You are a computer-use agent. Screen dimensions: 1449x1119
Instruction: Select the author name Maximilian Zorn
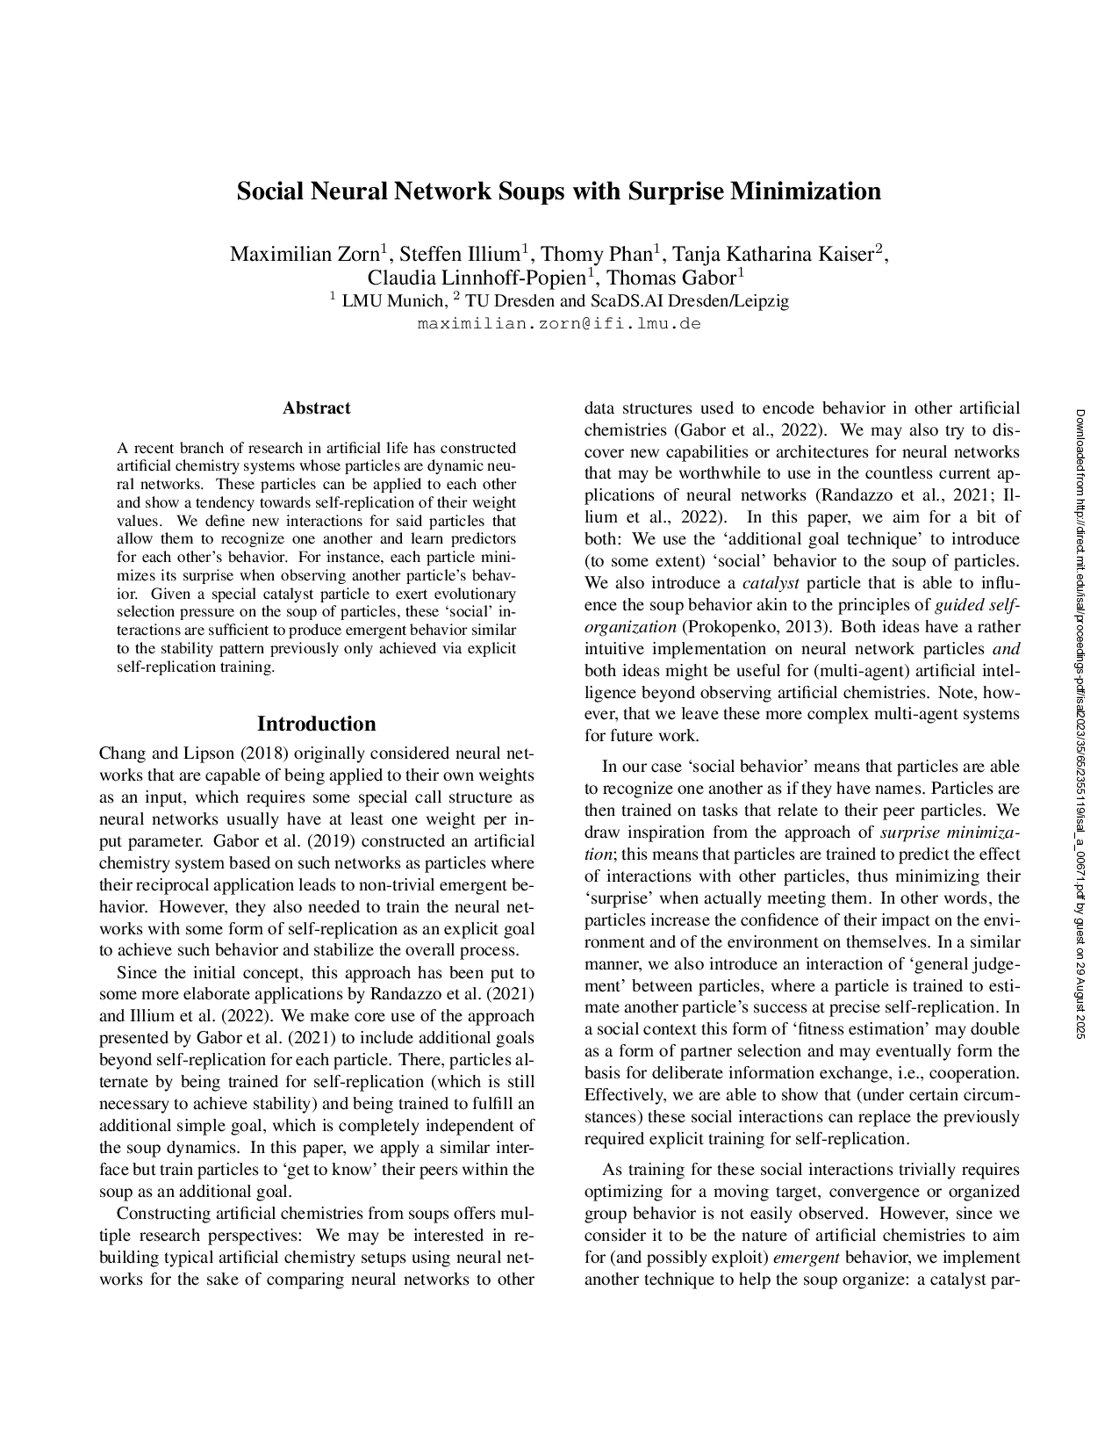point(305,255)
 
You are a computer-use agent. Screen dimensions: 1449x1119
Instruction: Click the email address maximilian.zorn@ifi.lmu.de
point(559,323)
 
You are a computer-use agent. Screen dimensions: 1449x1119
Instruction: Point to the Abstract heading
point(317,408)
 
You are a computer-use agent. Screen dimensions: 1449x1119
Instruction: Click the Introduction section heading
point(317,724)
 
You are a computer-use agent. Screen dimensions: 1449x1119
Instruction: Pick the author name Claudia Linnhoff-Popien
point(476,278)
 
